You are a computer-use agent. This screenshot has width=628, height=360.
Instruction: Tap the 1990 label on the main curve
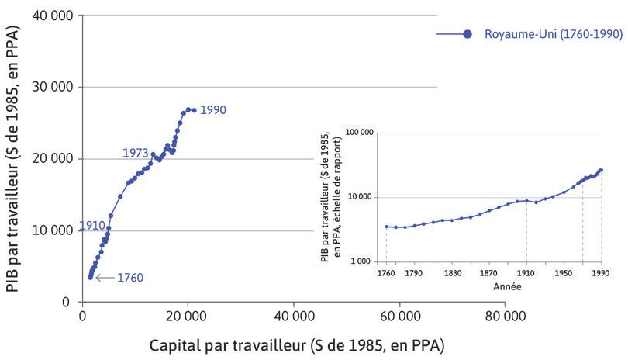tap(212, 110)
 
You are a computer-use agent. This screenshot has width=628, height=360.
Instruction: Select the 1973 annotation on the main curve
tap(135, 154)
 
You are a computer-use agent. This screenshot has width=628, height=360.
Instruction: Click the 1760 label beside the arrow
tap(129, 277)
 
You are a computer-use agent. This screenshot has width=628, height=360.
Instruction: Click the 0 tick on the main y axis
tap(66, 302)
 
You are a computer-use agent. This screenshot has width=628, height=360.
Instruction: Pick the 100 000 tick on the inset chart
tap(359, 133)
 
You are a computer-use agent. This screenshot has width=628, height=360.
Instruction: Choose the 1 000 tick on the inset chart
tap(363, 262)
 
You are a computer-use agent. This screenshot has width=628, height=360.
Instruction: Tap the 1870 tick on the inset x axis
tap(488, 273)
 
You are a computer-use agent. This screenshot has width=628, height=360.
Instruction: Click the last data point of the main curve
tap(194, 110)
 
